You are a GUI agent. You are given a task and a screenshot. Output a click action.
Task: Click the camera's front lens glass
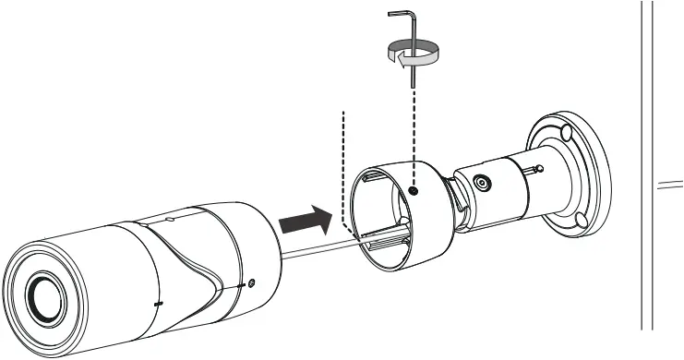pyautogui.click(x=44, y=296)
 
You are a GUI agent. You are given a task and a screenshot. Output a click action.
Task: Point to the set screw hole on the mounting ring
pyautogui.click(x=414, y=191)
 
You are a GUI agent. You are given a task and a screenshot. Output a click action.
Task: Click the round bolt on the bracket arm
pyautogui.click(x=480, y=183)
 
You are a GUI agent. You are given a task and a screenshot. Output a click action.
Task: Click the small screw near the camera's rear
pyautogui.click(x=251, y=283)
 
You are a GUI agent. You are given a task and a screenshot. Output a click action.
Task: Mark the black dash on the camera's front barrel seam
pyautogui.click(x=158, y=303)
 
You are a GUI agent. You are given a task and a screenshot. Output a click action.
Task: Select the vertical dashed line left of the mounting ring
pyautogui.click(x=343, y=166)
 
